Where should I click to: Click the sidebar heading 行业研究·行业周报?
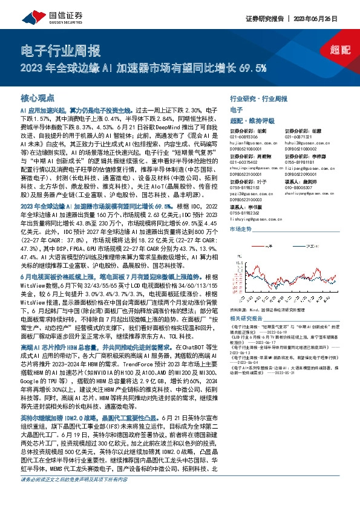(259, 97)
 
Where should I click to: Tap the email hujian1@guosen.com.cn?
(247, 143)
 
